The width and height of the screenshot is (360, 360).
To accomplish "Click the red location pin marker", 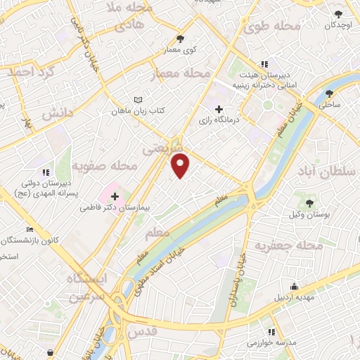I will (x=181, y=166).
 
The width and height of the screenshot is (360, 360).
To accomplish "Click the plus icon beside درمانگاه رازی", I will (x=219, y=109).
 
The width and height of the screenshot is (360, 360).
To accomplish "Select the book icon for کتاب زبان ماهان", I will (x=138, y=100).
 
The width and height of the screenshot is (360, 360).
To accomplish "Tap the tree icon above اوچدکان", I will (x=339, y=13).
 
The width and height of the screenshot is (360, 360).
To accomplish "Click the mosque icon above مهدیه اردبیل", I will (x=294, y=287).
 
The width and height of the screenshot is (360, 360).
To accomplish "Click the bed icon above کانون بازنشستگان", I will (x=29, y=229).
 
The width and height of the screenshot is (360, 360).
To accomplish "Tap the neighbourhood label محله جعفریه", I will (x=288, y=246).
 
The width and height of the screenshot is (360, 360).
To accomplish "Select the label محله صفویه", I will (x=103, y=167).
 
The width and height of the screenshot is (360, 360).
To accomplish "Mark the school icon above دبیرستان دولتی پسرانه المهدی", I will (x=45, y=172).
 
